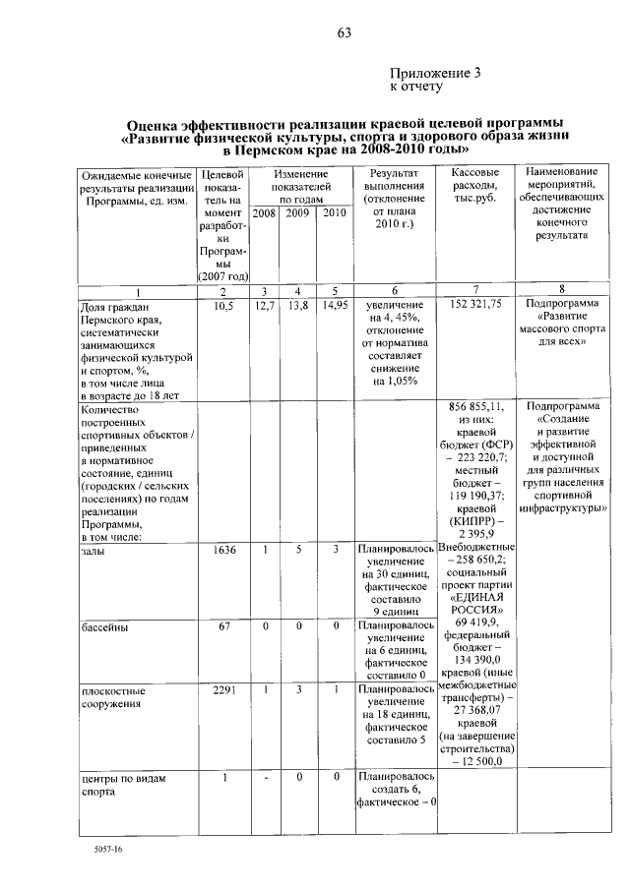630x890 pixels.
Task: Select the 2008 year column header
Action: coord(264,212)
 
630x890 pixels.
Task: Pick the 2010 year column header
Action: coord(335,212)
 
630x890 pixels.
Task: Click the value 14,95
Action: coord(335,306)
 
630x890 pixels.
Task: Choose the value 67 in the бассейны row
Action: coord(223,624)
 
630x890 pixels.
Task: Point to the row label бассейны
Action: coord(107,625)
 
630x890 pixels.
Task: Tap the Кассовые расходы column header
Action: coord(475,185)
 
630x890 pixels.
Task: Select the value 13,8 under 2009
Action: coord(297,306)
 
